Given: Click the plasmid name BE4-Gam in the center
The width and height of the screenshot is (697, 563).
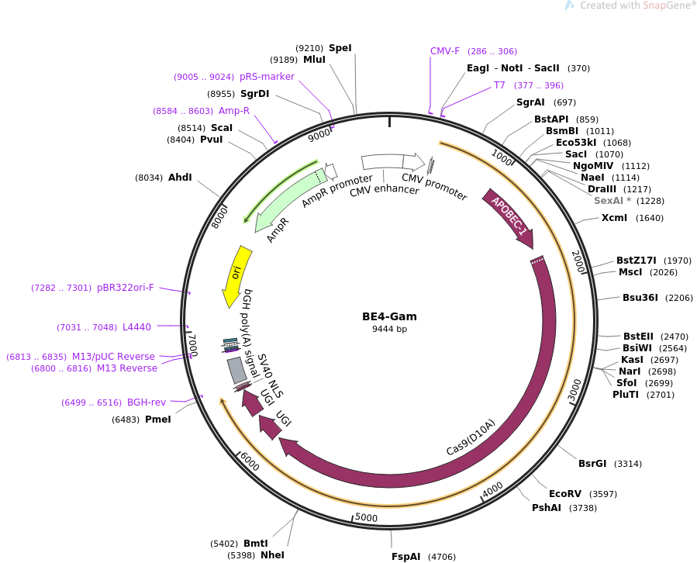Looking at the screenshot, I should (388, 316).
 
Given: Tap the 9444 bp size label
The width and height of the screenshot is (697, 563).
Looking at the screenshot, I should (388, 330).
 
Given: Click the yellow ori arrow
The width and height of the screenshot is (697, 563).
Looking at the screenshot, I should (236, 275).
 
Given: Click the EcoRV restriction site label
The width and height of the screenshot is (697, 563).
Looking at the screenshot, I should (564, 494).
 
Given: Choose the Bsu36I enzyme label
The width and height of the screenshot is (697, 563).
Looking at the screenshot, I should (640, 298).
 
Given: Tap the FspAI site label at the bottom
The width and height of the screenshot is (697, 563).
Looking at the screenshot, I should (405, 557).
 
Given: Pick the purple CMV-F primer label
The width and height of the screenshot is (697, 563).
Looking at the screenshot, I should (445, 51).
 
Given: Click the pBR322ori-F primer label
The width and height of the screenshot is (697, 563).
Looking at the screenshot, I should (125, 288).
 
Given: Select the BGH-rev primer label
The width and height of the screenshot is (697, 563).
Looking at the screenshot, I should (147, 402).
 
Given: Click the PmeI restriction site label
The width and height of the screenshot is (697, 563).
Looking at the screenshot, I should (157, 420).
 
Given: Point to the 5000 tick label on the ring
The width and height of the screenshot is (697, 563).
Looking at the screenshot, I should (366, 517).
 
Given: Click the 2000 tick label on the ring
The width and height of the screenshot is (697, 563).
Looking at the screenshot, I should (578, 261).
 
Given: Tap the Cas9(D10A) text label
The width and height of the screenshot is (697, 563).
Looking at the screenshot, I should (471, 437).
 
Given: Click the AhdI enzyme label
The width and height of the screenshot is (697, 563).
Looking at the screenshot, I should (180, 178).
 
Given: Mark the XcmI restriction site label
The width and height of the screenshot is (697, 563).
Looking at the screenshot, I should (614, 218).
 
